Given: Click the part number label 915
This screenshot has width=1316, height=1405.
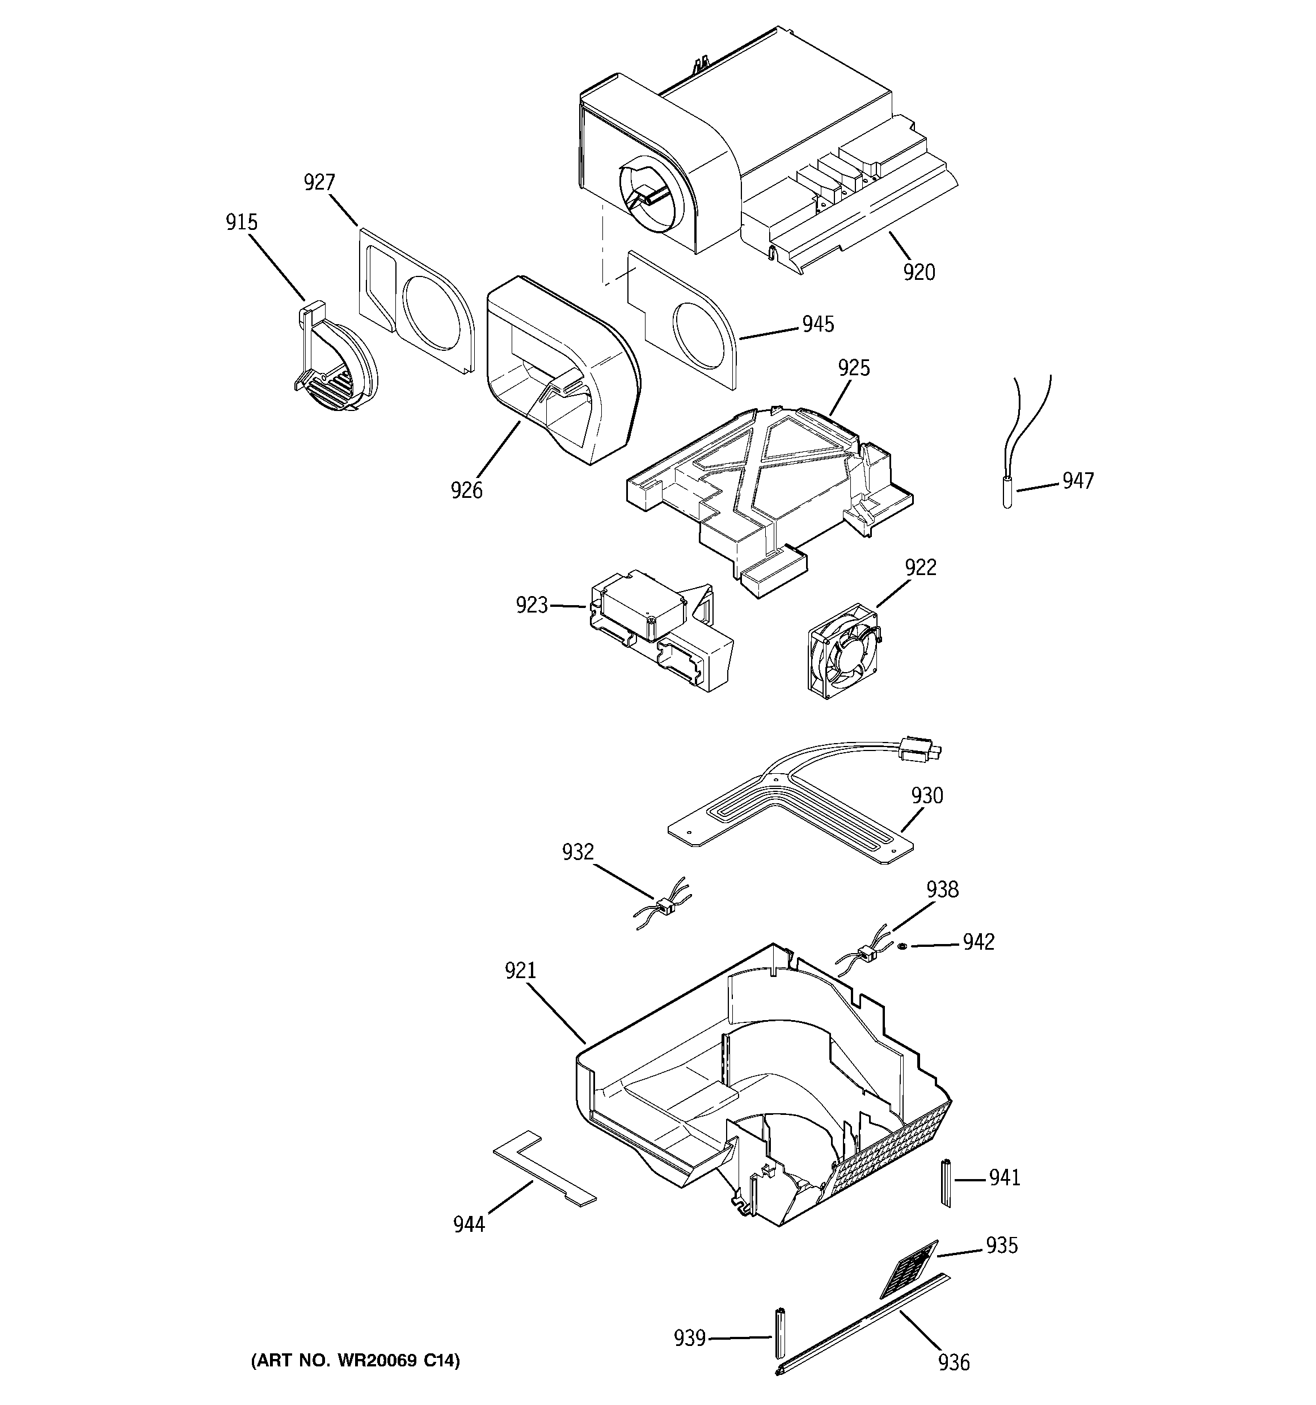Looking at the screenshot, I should [x=241, y=223].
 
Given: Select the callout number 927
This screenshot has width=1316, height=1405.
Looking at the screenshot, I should [x=319, y=182].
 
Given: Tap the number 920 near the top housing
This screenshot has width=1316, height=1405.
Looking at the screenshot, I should [x=919, y=272].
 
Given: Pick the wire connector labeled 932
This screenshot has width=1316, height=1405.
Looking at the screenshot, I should [x=663, y=905].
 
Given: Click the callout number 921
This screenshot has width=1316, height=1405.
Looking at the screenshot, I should [x=520, y=971].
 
